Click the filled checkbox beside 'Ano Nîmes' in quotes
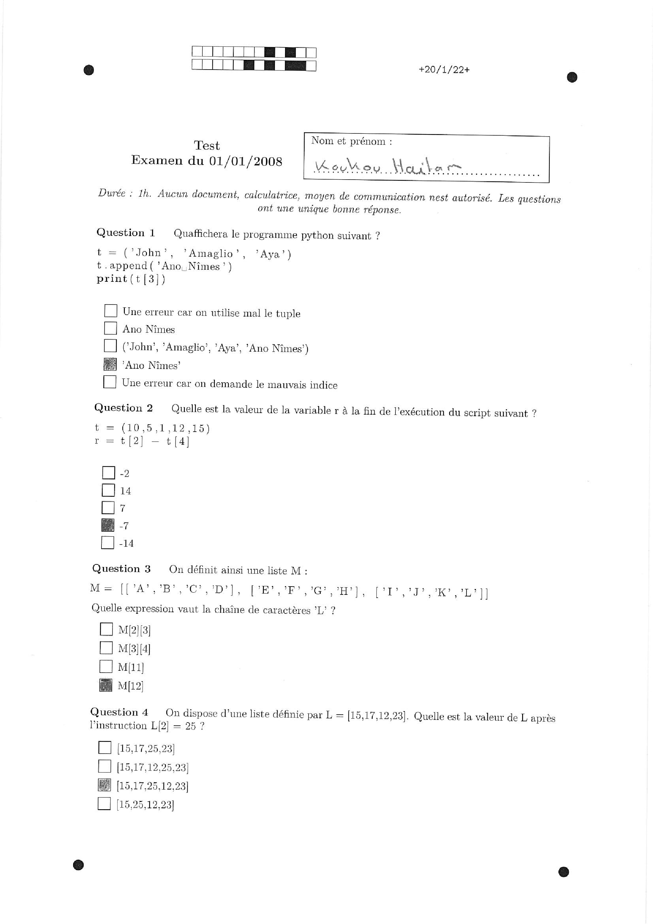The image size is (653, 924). tap(110, 364)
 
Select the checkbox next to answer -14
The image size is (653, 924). tap(107, 543)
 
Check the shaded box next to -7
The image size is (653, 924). tap(108, 525)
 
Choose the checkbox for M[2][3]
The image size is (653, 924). tap(106, 629)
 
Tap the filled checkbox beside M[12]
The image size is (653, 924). tap(106, 685)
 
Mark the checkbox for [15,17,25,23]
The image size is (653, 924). tap(105, 747)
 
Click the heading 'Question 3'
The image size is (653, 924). tap(121, 568)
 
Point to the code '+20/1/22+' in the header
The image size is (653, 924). tap(444, 70)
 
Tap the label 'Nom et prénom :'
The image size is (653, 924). tap(351, 141)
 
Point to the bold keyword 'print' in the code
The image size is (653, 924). tap(112, 279)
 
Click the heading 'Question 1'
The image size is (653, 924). tap(125, 233)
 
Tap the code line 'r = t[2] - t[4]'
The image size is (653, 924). tap(142, 441)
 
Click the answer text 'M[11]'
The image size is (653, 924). tap(130, 667)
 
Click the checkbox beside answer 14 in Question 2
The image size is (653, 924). tap(108, 490)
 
